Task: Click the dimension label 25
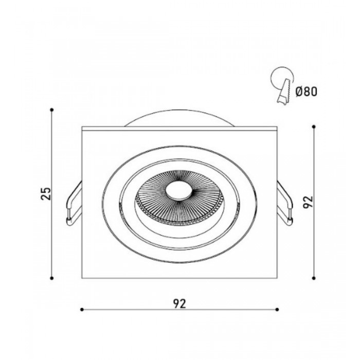tap(45, 194)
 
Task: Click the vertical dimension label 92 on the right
tap(308, 202)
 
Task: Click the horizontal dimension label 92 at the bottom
tap(179, 304)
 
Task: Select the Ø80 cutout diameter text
tap(306, 92)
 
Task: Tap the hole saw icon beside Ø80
tap(283, 85)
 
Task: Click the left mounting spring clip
tap(74, 203)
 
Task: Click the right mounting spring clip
tap(285, 203)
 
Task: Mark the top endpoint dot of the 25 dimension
tap(52, 110)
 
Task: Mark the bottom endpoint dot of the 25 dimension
tap(52, 278)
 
